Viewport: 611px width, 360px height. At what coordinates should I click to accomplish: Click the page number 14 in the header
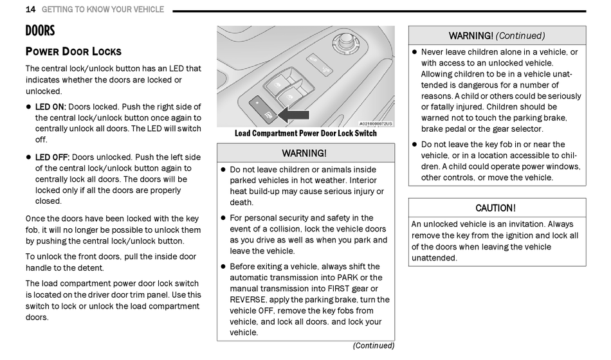(x=30, y=10)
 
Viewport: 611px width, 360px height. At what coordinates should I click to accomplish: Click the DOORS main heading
(x=40, y=31)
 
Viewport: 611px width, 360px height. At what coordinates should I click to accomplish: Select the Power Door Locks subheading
(x=73, y=51)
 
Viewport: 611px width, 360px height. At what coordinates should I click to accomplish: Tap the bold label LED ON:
(x=50, y=107)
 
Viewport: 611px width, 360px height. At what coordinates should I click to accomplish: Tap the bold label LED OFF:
(x=52, y=157)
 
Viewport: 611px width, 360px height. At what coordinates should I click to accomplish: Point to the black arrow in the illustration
(x=295, y=116)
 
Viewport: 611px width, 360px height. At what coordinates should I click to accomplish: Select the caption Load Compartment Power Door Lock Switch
(x=305, y=134)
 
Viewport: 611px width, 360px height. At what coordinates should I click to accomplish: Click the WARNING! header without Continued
(x=305, y=153)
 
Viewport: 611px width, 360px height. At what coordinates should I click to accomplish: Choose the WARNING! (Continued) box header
(x=497, y=35)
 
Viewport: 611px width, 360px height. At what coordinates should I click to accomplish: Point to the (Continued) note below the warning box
(x=373, y=345)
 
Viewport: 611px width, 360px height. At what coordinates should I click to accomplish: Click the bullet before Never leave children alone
(x=415, y=52)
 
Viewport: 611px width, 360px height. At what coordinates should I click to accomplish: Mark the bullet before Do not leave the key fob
(x=415, y=145)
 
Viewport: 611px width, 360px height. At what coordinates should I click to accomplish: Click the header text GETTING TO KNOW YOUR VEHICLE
(x=103, y=10)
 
